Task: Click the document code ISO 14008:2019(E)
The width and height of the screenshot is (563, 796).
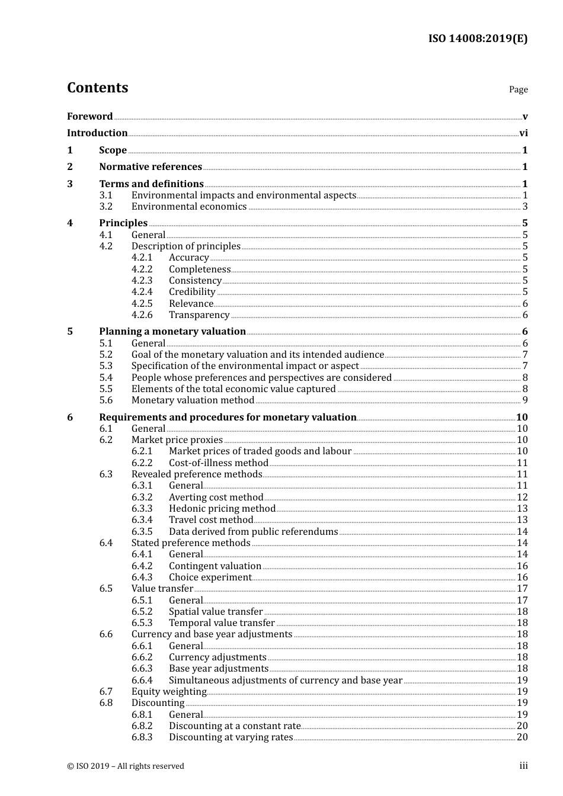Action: [x=478, y=38]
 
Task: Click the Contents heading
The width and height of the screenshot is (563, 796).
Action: [x=97, y=88]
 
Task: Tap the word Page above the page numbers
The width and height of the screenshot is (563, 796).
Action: [x=518, y=89]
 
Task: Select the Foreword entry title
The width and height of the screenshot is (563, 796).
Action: [x=89, y=116]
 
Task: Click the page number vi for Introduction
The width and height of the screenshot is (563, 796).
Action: [x=523, y=133]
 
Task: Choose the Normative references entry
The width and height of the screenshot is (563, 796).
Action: [x=151, y=167]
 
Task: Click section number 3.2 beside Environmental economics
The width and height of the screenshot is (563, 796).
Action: [x=106, y=207]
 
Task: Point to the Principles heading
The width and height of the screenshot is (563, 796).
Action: [x=123, y=223]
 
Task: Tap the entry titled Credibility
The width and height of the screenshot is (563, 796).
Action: [x=192, y=292]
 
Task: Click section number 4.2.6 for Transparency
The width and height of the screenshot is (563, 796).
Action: [x=142, y=315]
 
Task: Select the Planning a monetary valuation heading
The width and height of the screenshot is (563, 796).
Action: [x=172, y=332]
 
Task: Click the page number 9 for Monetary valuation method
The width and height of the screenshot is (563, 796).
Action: [x=525, y=400]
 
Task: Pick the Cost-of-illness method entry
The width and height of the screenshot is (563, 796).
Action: [x=219, y=463]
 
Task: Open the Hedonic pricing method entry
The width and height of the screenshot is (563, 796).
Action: [x=222, y=509]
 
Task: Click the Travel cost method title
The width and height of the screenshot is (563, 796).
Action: [x=211, y=520]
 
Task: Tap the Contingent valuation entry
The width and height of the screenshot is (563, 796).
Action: [x=215, y=566]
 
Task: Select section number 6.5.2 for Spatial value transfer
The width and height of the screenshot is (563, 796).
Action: [x=142, y=612]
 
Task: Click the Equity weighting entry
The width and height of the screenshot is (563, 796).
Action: [x=169, y=692]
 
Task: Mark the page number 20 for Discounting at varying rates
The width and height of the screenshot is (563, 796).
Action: [x=522, y=737]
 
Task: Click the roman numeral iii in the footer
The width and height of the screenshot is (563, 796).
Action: [x=523, y=766]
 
